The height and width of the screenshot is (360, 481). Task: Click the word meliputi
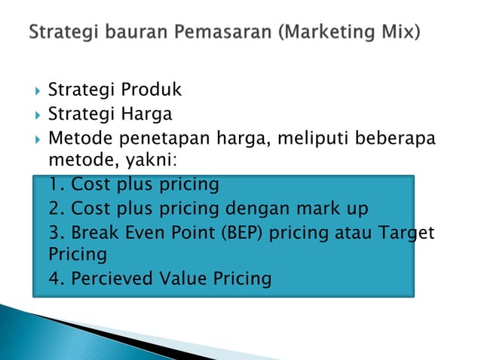[x=308, y=138]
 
